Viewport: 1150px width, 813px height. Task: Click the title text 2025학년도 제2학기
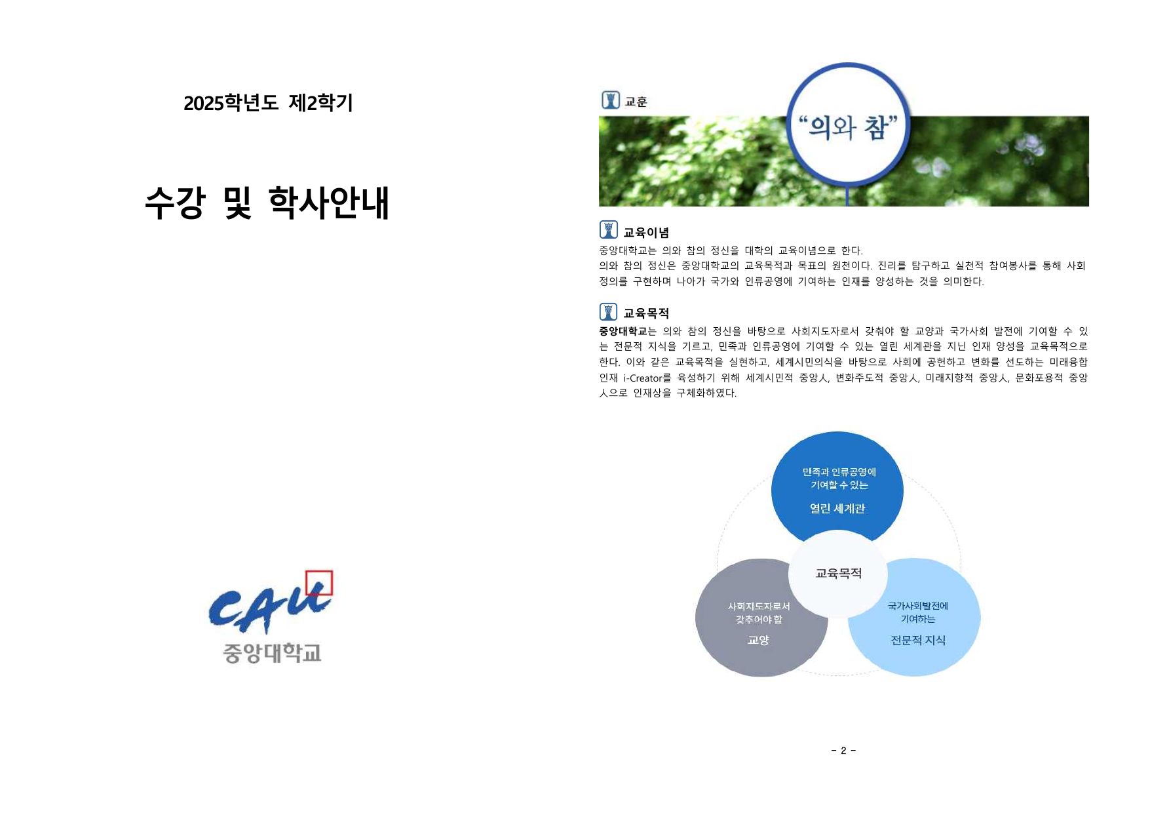[x=268, y=103]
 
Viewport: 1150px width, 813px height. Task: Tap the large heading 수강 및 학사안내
[x=267, y=203]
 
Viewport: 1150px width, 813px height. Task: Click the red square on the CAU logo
[x=319, y=583]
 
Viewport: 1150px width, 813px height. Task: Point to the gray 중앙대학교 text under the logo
[x=272, y=653]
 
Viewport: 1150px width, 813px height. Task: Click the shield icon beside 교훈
[x=610, y=100]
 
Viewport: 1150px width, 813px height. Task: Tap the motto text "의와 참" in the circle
[x=848, y=127]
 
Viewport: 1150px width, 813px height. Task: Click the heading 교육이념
[x=645, y=233]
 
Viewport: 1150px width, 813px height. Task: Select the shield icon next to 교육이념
[x=608, y=230]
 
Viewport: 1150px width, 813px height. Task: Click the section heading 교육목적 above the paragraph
[x=645, y=313]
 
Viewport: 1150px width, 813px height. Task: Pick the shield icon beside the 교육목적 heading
[x=608, y=311]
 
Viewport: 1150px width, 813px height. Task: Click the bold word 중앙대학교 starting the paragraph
[x=623, y=331]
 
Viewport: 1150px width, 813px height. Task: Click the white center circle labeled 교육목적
[x=838, y=574]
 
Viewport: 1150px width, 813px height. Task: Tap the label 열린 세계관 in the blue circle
[x=837, y=509]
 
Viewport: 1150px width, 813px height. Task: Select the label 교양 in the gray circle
[x=758, y=641]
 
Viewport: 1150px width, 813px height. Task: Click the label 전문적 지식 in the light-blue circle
[x=917, y=641]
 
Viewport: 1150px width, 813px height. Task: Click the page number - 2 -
[x=843, y=751]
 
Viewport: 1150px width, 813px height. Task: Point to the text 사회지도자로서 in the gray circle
[x=759, y=606]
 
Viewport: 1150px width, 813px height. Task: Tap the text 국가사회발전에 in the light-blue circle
[x=917, y=606]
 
